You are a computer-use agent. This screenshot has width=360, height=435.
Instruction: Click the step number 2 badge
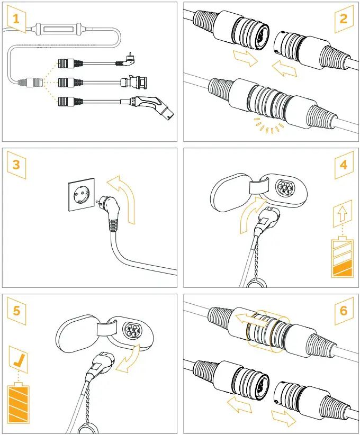(x=344, y=19)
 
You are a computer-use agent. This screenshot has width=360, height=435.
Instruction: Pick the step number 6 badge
(x=344, y=310)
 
